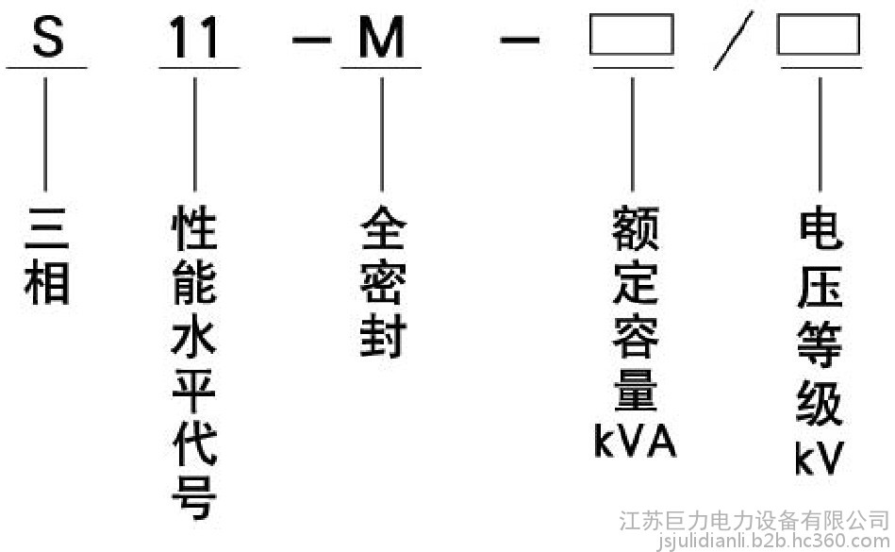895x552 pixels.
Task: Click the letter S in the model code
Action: click(x=46, y=38)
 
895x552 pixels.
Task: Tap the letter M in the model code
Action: click(x=381, y=39)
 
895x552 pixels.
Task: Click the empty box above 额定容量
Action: click(x=632, y=37)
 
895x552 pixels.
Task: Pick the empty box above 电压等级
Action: click(x=818, y=37)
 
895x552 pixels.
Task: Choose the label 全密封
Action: click(x=382, y=283)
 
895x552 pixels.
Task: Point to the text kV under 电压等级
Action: click(x=818, y=460)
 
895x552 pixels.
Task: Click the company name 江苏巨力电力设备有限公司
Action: click(x=754, y=521)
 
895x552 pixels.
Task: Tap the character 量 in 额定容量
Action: click(x=634, y=390)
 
